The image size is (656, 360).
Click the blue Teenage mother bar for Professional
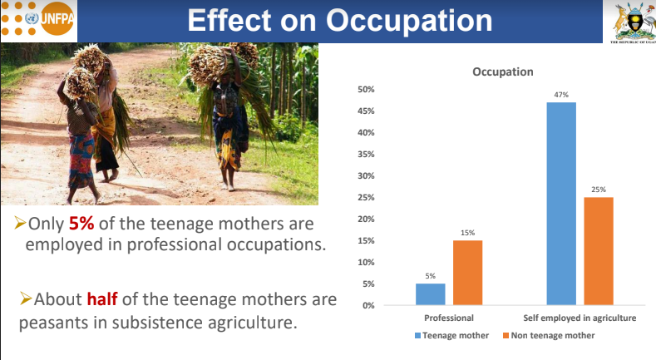(x=430, y=294)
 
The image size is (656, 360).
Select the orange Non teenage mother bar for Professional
(x=468, y=273)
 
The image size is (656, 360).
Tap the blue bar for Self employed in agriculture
(x=561, y=204)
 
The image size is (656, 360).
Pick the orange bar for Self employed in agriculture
(x=599, y=251)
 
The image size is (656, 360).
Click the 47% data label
(x=561, y=95)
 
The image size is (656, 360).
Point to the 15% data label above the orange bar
(x=468, y=233)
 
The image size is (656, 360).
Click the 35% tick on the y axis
(x=366, y=155)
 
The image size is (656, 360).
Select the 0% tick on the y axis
(x=368, y=306)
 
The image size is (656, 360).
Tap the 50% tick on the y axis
(x=366, y=90)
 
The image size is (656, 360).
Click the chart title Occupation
(x=503, y=72)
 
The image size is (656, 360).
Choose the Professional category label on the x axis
(x=449, y=318)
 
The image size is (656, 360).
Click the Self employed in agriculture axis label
(x=580, y=318)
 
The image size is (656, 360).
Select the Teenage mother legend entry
(x=451, y=335)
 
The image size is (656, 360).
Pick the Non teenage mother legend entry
(x=549, y=335)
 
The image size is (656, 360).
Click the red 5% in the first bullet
(x=81, y=224)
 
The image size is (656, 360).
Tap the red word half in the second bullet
(x=102, y=299)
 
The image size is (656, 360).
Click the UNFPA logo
(x=38, y=19)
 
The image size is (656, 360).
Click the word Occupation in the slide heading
(x=409, y=21)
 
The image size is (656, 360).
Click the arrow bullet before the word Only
(x=20, y=223)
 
